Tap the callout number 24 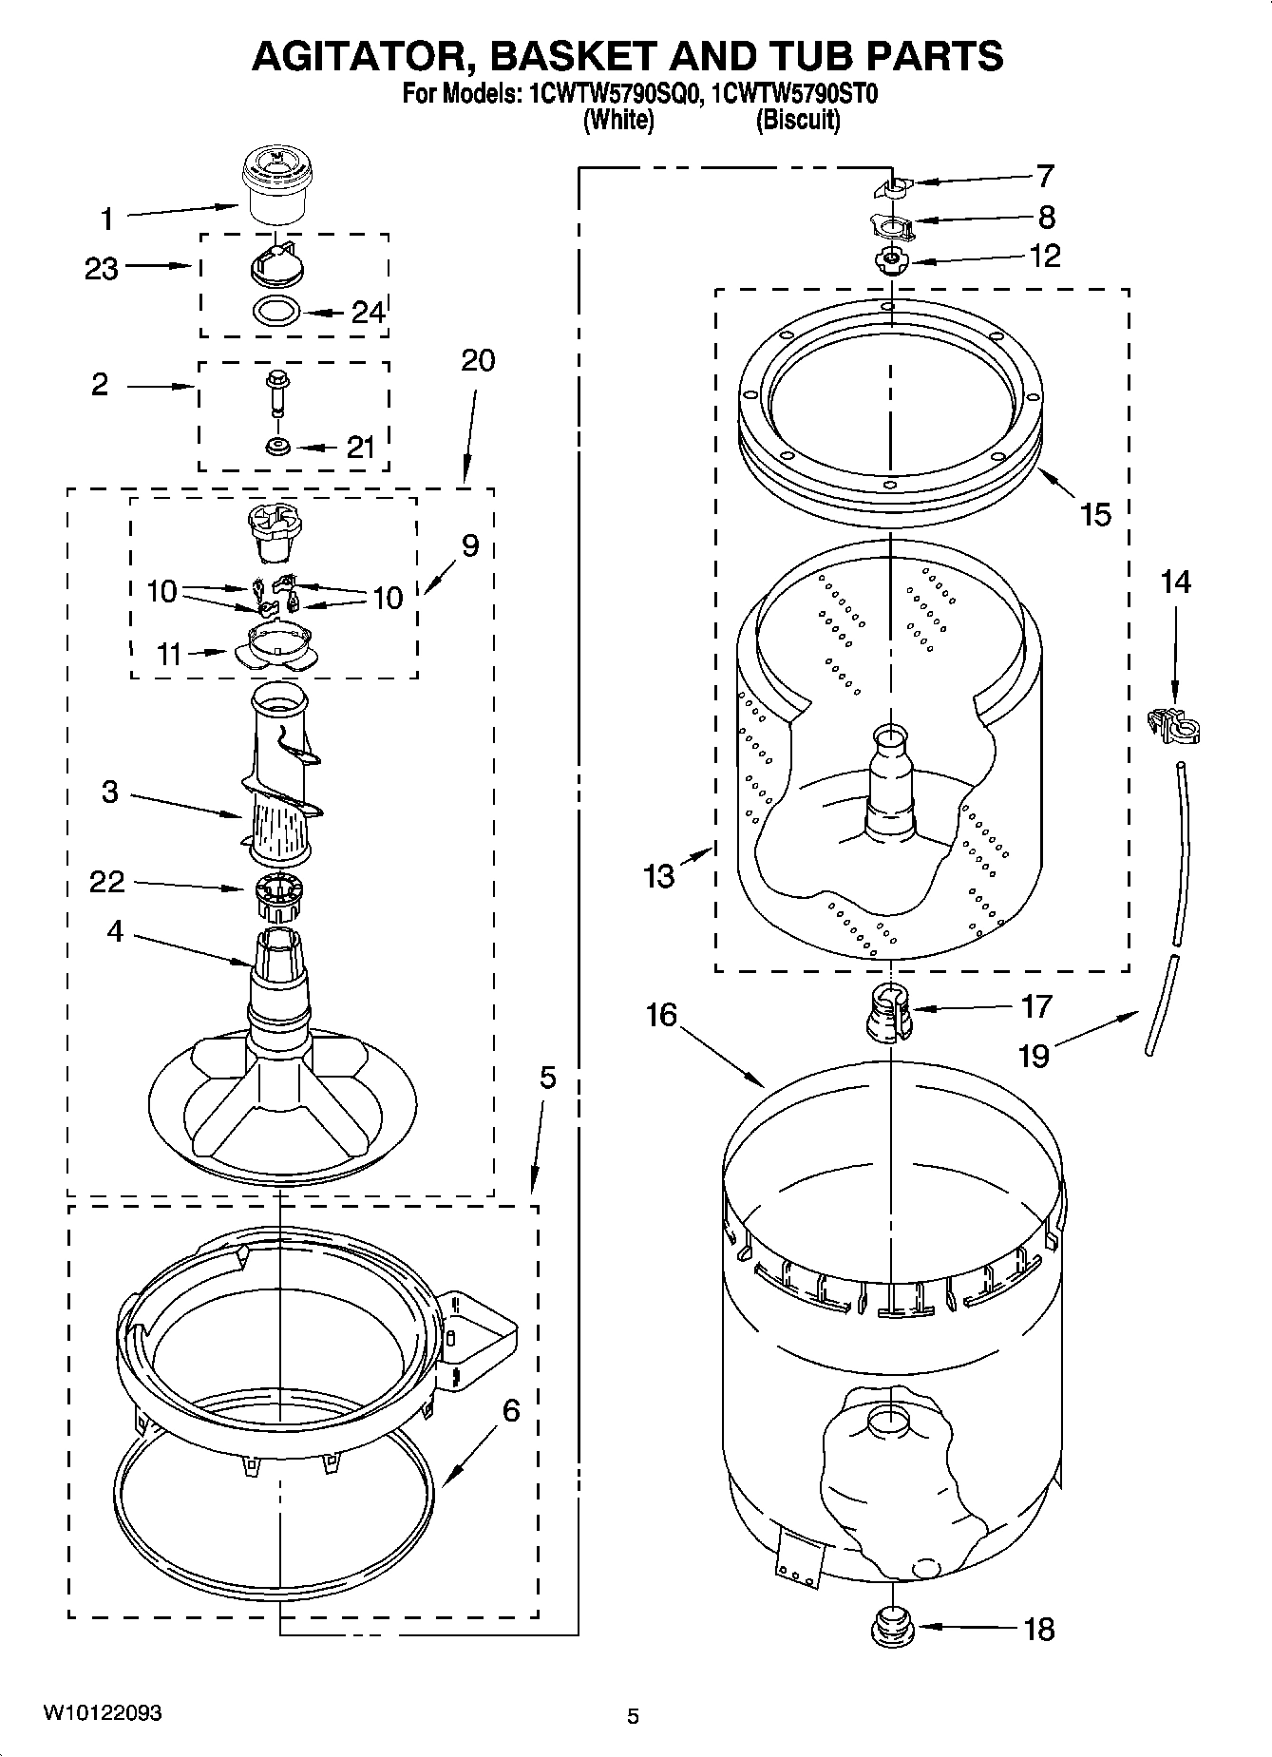[x=369, y=312]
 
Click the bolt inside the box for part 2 [x=276, y=391]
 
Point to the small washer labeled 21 [x=277, y=446]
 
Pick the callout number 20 [x=479, y=361]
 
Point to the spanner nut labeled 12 [x=891, y=259]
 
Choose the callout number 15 [x=1095, y=514]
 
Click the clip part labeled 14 [x=1175, y=727]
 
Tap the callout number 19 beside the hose [x=1034, y=1055]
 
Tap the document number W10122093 [x=102, y=1713]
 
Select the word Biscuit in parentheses [x=798, y=121]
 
